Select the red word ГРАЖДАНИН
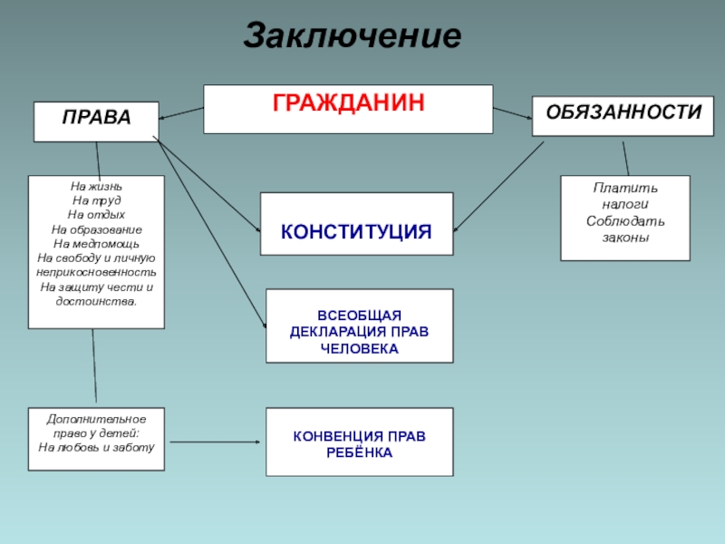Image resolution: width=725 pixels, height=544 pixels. click(348, 102)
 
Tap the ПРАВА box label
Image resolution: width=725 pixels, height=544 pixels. click(96, 117)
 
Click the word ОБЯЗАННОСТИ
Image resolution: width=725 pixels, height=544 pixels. click(623, 112)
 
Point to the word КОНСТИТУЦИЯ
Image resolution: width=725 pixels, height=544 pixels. click(355, 232)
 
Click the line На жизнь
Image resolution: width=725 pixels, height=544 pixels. click(96, 187)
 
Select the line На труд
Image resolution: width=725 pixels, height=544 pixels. click(96, 201)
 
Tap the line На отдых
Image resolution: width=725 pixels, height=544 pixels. click(96, 215)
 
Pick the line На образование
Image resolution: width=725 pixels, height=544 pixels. click(96, 229)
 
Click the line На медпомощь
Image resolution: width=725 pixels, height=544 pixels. click(96, 243)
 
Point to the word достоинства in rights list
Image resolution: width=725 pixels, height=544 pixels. click(96, 300)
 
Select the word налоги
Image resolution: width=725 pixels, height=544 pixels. click(625, 204)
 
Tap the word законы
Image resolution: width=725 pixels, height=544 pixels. click(625, 237)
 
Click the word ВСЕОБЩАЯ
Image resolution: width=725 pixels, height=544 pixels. click(359, 314)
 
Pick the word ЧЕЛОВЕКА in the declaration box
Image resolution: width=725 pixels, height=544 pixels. click(359, 348)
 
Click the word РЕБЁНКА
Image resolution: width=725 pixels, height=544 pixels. click(359, 452)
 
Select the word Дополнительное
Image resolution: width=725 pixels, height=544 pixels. click(96, 419)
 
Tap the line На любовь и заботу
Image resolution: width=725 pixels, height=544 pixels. click(96, 447)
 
